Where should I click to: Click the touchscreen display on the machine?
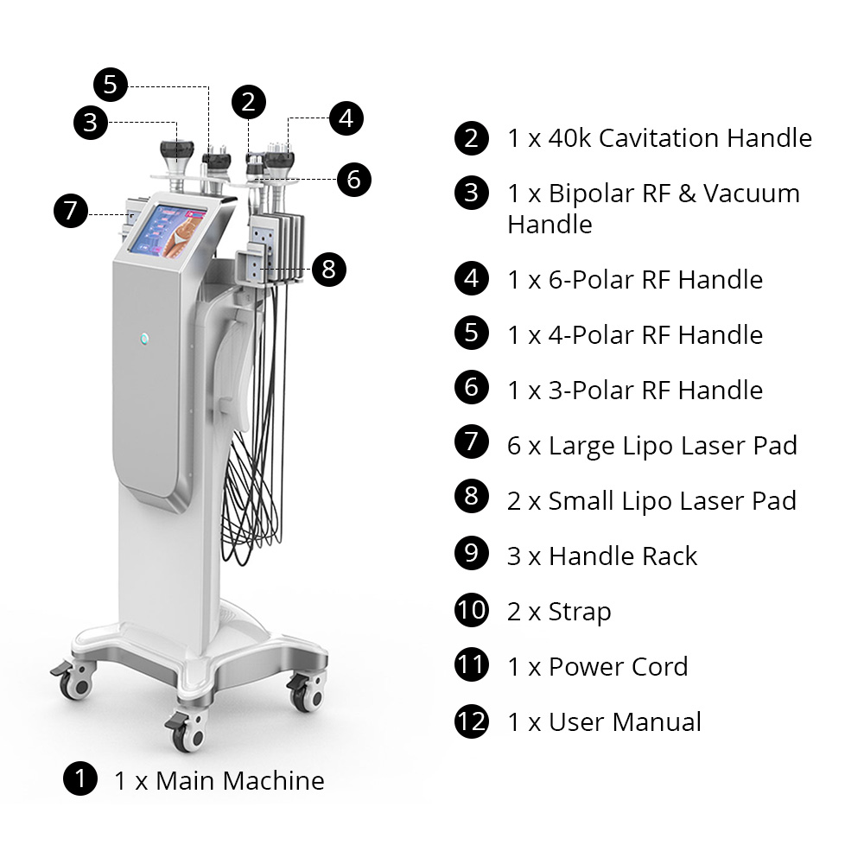click(x=168, y=232)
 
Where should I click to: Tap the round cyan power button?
click(x=144, y=339)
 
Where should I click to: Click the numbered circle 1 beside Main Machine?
click(x=80, y=778)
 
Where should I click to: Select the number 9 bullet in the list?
click(x=472, y=553)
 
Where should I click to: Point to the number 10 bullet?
click(x=472, y=610)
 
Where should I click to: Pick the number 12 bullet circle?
click(x=472, y=721)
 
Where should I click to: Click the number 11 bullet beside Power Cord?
click(x=472, y=664)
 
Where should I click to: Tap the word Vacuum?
click(x=752, y=194)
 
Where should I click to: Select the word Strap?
click(x=580, y=612)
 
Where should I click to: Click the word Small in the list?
click(x=581, y=501)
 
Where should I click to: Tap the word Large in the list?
click(x=581, y=447)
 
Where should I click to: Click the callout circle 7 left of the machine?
click(x=71, y=211)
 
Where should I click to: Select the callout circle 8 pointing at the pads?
click(x=329, y=270)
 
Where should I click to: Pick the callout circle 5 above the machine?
click(x=111, y=85)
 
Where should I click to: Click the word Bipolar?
click(x=592, y=194)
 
